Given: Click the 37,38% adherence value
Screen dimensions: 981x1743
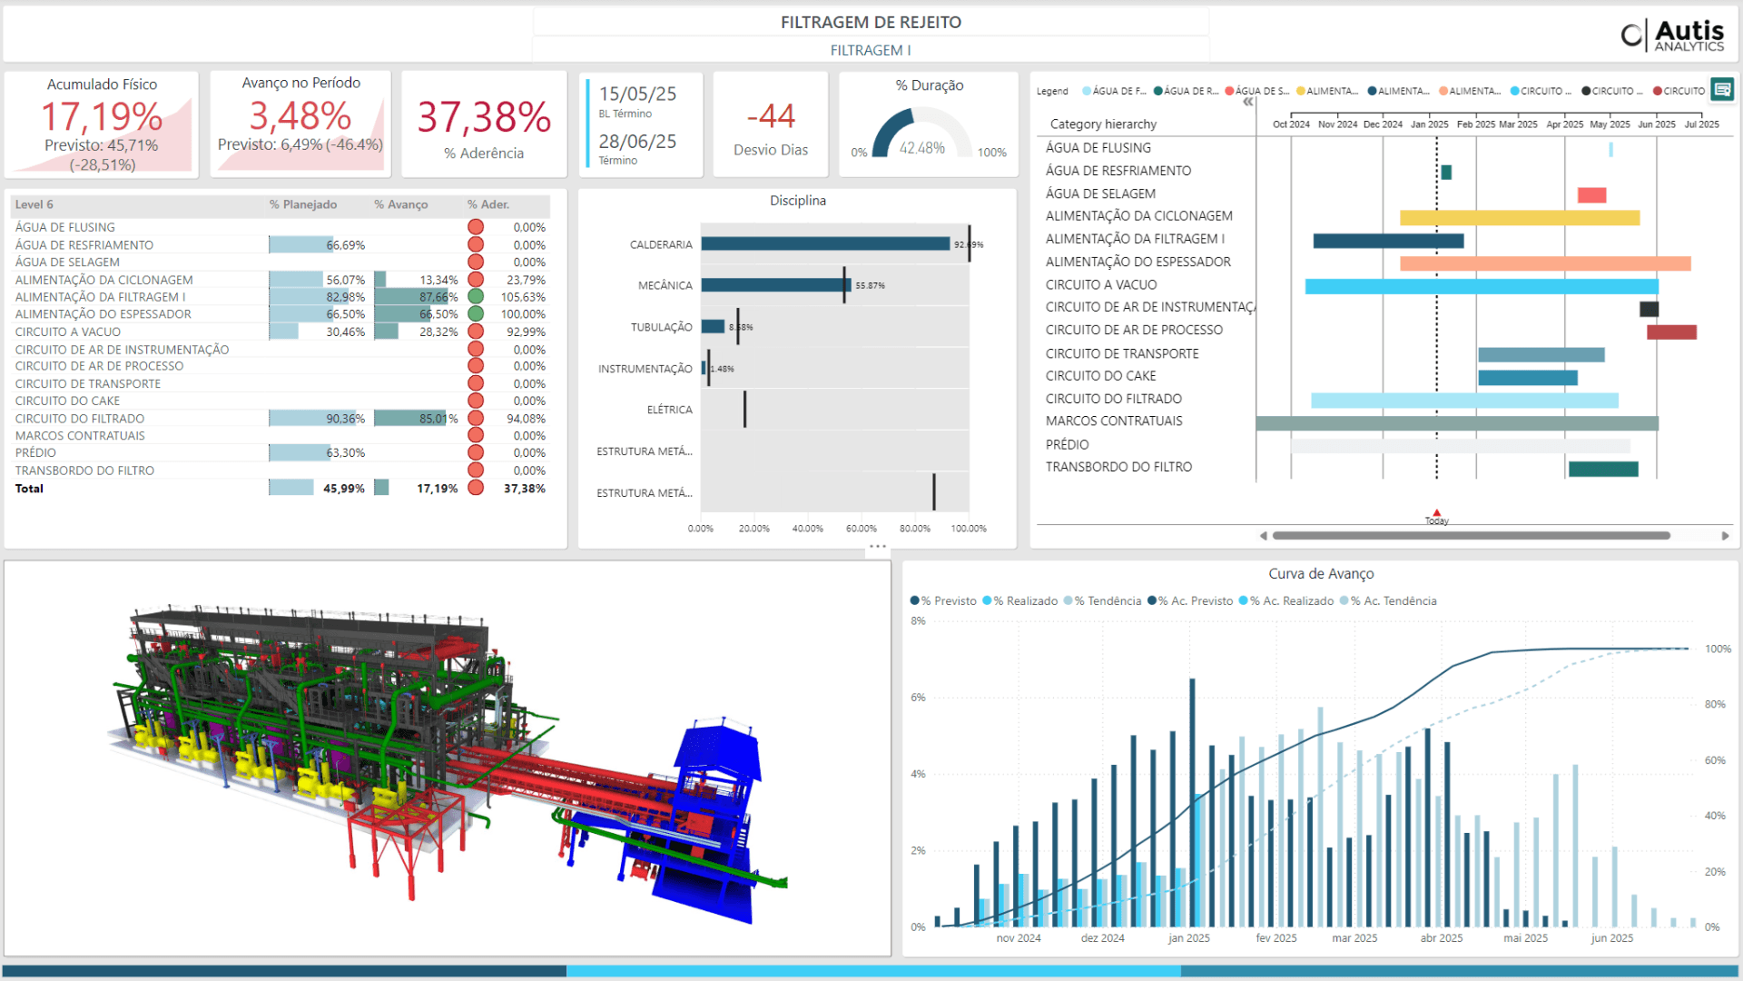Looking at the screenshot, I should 484,117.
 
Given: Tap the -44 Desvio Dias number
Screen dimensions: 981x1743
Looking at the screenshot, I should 770,116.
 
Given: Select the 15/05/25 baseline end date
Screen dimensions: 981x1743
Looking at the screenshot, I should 637,94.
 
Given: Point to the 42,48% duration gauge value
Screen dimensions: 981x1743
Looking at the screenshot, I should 921,148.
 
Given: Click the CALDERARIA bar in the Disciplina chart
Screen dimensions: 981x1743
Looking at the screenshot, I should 824,244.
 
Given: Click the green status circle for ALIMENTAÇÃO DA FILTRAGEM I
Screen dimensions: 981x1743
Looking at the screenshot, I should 476,297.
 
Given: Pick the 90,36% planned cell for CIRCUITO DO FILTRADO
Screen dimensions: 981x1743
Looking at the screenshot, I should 345,419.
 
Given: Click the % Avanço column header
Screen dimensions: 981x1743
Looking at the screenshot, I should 400,204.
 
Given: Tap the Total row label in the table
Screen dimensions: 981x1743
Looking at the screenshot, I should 29,489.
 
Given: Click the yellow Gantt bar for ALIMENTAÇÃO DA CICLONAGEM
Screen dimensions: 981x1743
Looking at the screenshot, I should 1519,218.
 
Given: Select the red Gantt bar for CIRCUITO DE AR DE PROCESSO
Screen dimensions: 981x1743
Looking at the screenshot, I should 1671,332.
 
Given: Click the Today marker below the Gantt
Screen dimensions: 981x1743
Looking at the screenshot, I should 1436,517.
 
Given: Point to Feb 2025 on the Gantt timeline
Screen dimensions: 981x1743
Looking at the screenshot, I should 1475,124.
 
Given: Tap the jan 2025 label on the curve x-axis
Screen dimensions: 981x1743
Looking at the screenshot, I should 1188,938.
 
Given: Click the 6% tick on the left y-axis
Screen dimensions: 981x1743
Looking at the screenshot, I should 918,698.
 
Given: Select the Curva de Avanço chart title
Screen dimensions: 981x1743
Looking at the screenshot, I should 1321,574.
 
